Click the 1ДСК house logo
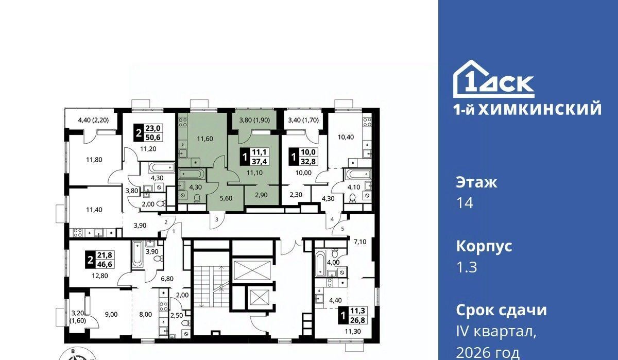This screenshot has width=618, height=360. pyautogui.click(x=493, y=79)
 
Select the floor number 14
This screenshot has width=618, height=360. pyautogui.click(x=465, y=203)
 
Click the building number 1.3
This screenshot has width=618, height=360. pyautogui.click(x=467, y=267)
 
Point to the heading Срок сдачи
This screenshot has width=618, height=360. pyautogui.click(x=501, y=310)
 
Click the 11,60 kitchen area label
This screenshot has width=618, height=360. pyautogui.click(x=205, y=139)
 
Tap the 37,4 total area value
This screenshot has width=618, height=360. pyautogui.click(x=260, y=161)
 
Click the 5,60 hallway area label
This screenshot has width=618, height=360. pyautogui.click(x=226, y=198)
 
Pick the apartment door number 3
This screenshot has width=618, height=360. pyautogui.click(x=217, y=219)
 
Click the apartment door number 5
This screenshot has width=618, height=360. pyautogui.click(x=342, y=229)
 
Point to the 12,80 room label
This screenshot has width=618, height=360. pyautogui.click(x=100, y=276)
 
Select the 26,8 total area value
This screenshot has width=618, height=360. pyautogui.click(x=357, y=320)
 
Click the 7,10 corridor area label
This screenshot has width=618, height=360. pyautogui.click(x=360, y=242)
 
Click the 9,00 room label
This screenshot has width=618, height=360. pyautogui.click(x=111, y=314)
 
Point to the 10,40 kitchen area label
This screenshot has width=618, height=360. pyautogui.click(x=346, y=137)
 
